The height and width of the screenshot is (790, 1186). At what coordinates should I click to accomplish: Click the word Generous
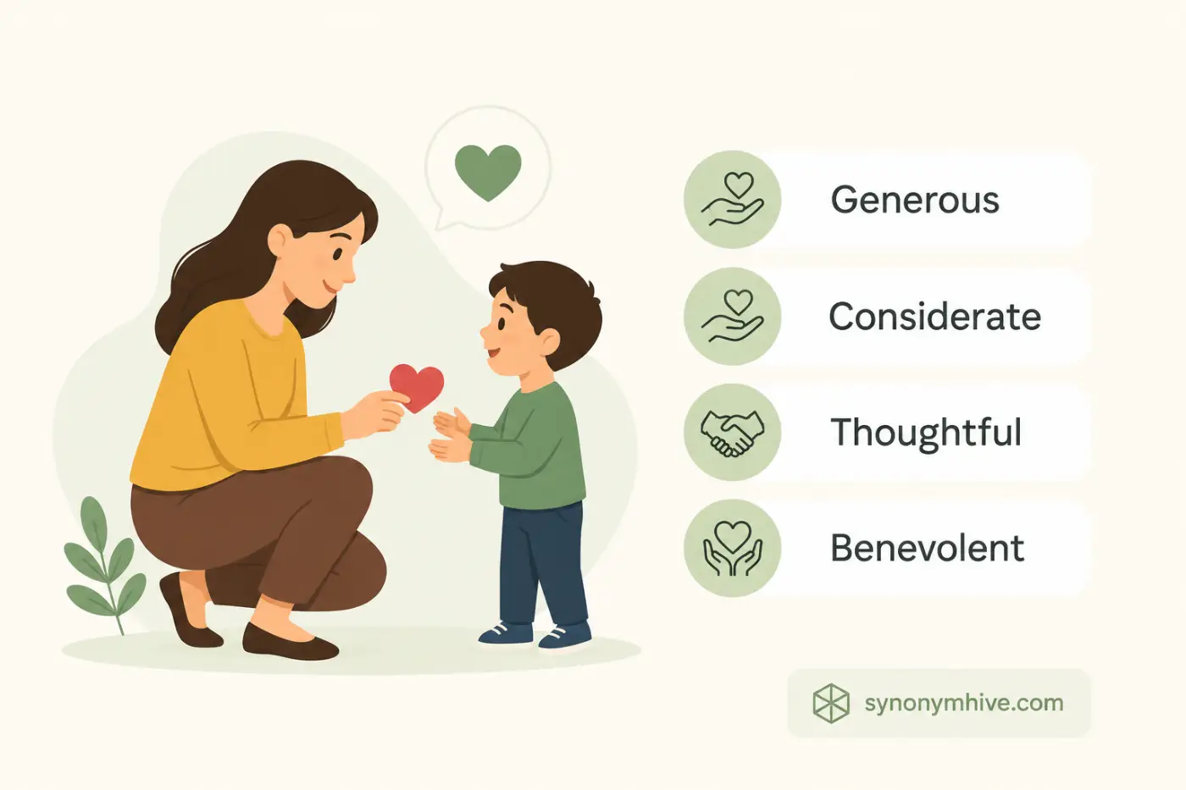coord(915,201)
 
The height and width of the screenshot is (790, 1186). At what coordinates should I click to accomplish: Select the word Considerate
coord(935,317)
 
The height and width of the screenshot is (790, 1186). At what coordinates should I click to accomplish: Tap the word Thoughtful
coord(925,434)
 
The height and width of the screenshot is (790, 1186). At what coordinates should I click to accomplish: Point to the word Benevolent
coord(927,548)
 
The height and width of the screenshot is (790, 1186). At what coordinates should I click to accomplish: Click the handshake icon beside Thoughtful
coord(732,433)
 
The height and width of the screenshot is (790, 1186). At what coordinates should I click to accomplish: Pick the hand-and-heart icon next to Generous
coord(732,199)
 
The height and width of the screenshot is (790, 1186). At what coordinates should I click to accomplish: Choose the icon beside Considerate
coord(732,315)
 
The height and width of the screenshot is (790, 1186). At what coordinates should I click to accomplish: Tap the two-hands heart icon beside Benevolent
coord(732,548)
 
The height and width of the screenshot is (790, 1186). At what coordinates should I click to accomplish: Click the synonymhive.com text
coord(964,704)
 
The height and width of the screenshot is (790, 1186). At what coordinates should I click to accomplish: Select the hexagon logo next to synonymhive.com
coord(831,703)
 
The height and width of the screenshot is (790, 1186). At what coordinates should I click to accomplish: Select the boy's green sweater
coord(529,446)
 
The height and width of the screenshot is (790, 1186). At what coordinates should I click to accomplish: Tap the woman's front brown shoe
coord(289,641)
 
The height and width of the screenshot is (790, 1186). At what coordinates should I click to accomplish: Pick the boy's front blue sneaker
coord(565,637)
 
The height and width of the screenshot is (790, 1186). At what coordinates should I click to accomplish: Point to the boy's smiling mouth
coord(492,352)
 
